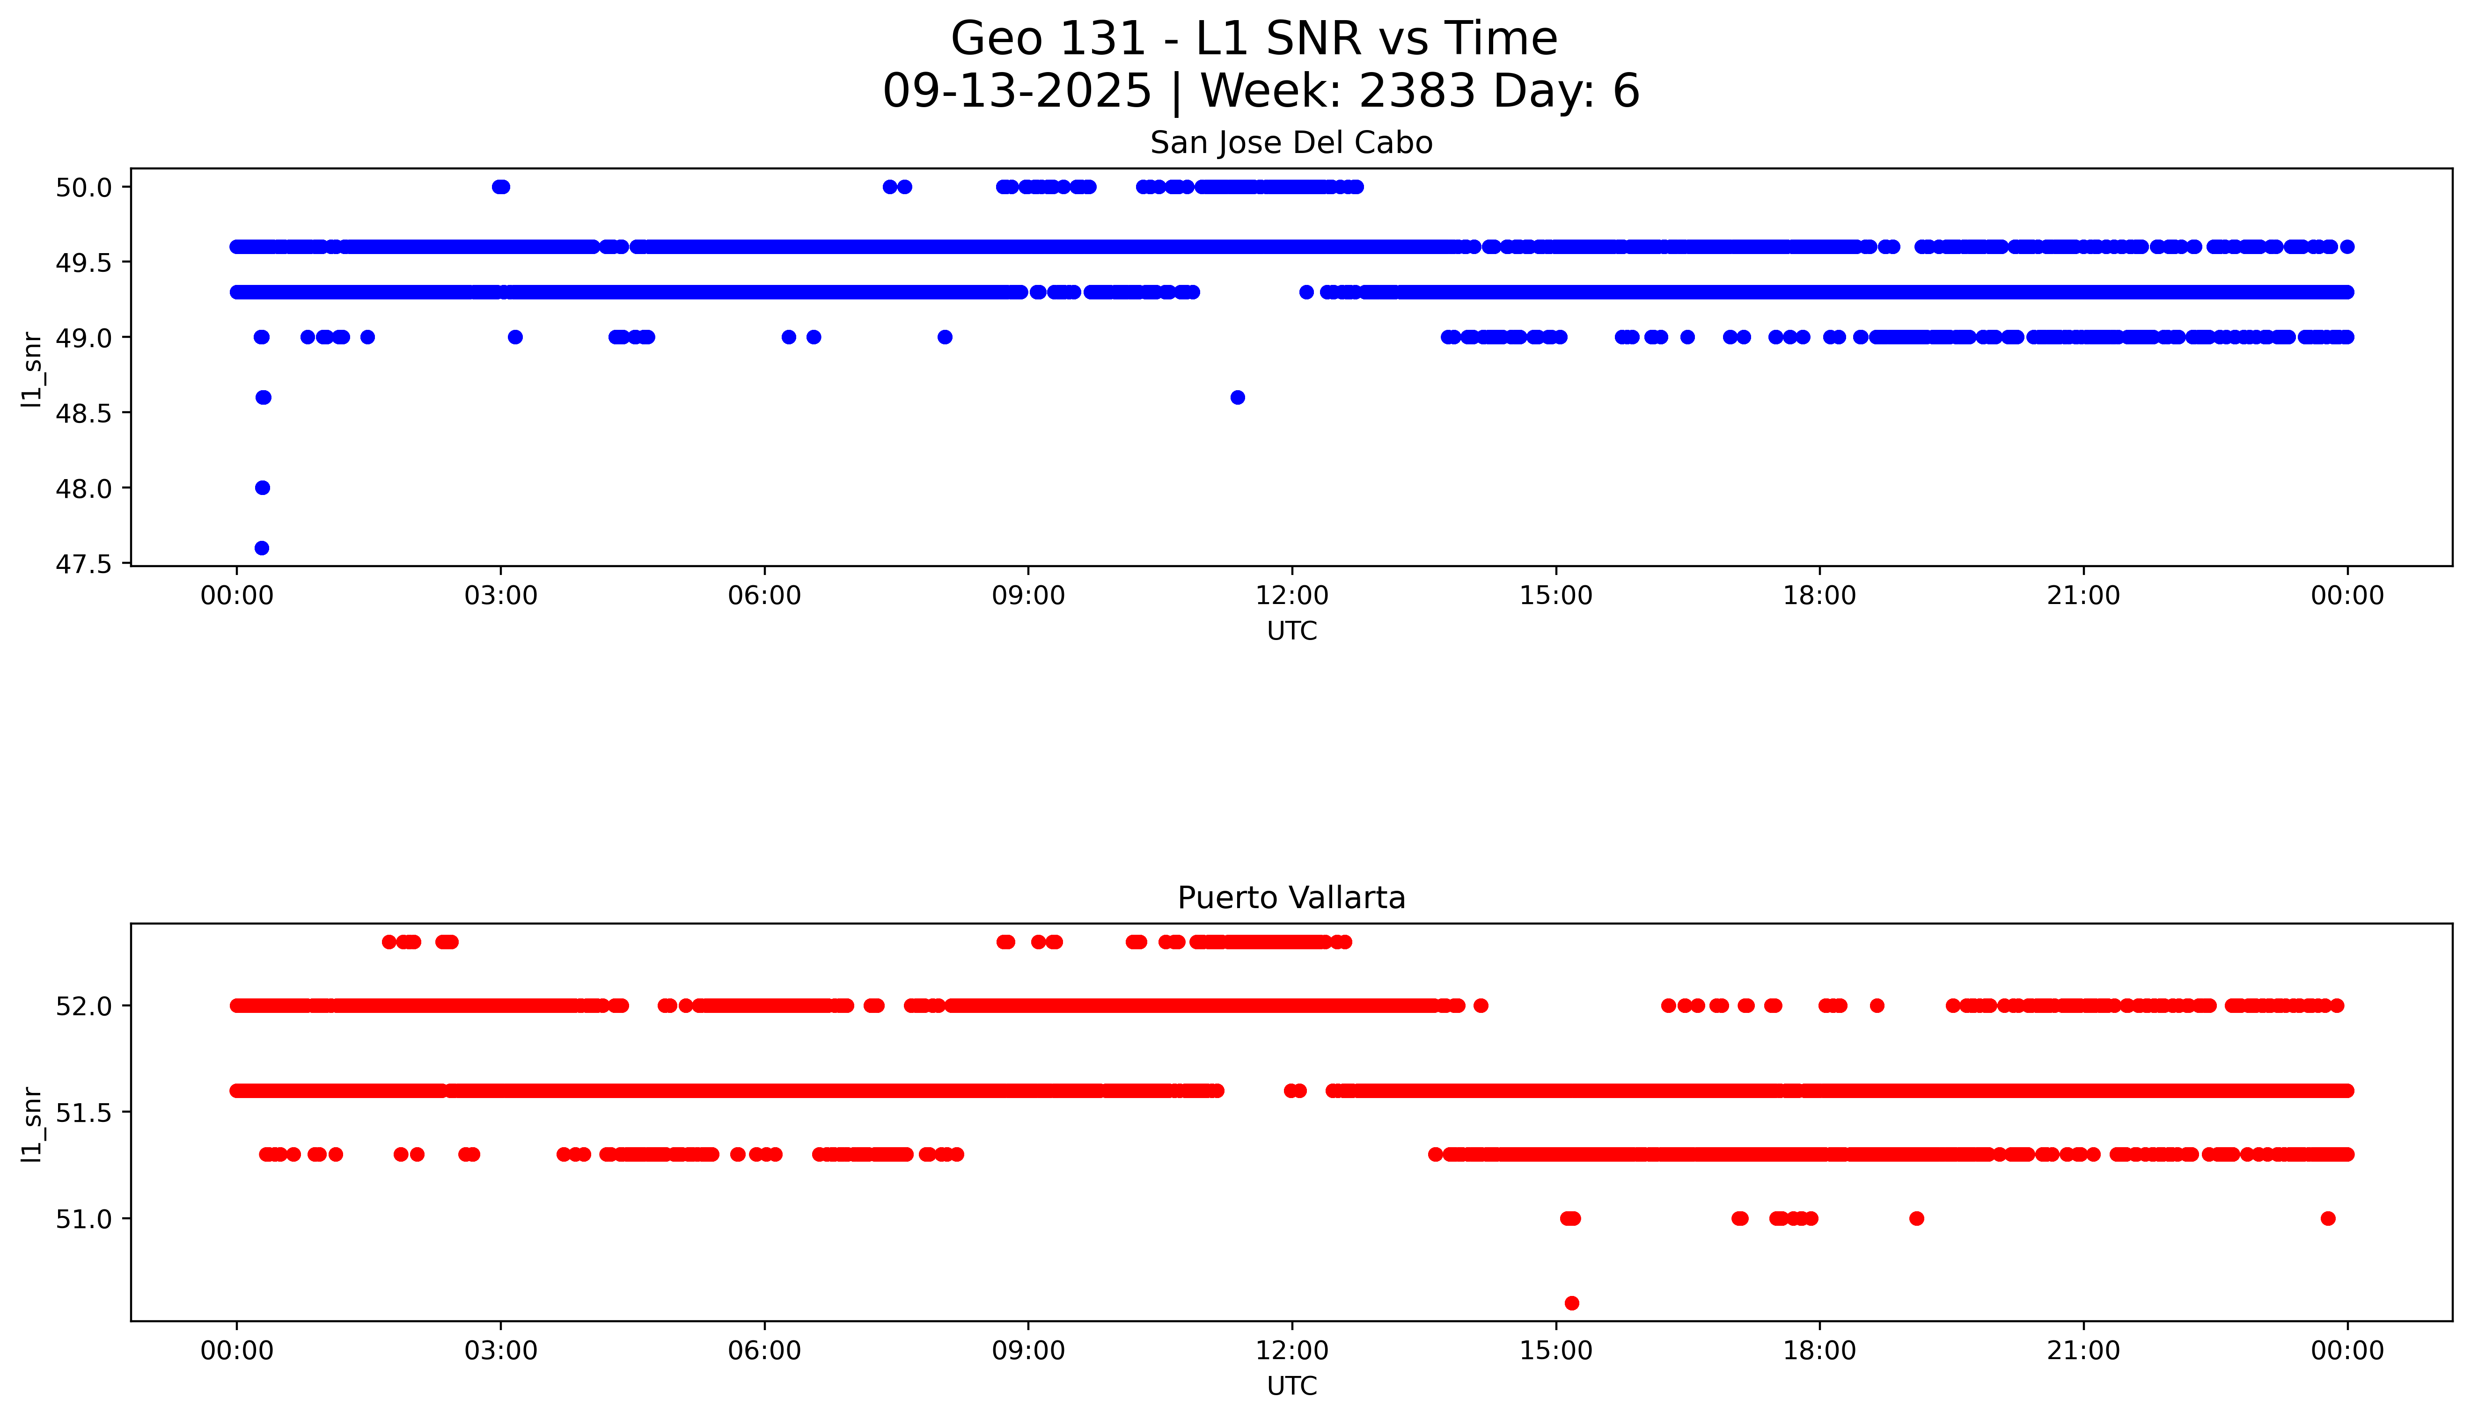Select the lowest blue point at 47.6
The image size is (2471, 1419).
261,548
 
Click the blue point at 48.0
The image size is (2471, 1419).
262,488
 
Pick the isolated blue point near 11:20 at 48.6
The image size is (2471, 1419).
1237,397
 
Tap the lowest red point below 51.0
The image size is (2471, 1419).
1571,1303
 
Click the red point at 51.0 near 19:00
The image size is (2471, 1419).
1916,1218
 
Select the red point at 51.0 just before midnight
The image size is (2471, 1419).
2328,1218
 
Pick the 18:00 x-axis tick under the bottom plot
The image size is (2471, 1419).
1819,1351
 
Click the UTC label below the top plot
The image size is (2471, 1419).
1291,632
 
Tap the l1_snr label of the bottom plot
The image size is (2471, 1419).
32,1124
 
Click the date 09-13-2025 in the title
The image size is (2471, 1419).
1017,92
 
